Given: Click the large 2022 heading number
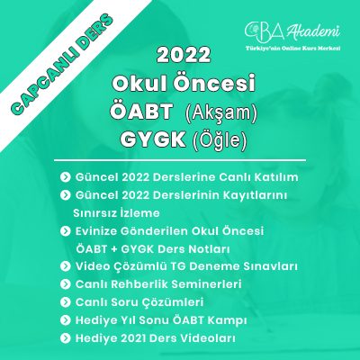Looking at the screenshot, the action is click(184, 55).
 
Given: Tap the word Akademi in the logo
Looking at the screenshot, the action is click(313, 31).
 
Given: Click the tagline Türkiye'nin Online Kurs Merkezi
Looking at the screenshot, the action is click(292, 48).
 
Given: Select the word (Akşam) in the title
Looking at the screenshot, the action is click(221, 113).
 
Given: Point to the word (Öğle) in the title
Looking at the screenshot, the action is click(220, 140).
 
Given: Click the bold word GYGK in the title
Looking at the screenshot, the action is click(153, 139).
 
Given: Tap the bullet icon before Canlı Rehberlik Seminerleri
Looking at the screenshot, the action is click(65, 284).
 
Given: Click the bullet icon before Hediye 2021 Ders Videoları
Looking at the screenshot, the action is click(65, 338).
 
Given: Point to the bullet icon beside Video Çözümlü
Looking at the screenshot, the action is click(65, 266).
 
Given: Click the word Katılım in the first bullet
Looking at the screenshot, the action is click(276, 177).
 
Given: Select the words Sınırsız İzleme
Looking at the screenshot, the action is click(116, 213).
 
